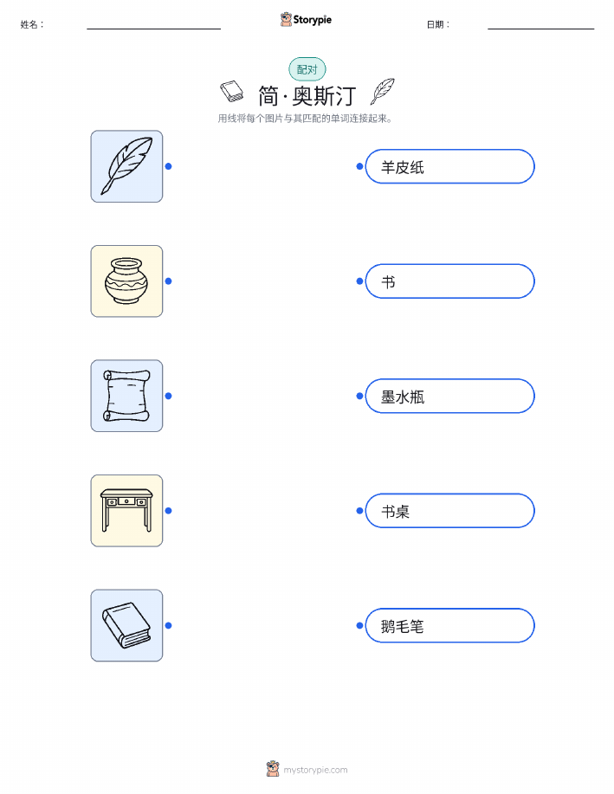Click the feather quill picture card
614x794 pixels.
(x=126, y=166)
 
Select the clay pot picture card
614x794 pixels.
(x=126, y=281)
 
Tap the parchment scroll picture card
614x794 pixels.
(x=126, y=396)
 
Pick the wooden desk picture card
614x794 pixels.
(x=126, y=511)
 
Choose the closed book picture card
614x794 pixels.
(x=126, y=625)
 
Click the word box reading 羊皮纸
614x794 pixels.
(x=449, y=166)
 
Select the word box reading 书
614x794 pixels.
(x=449, y=281)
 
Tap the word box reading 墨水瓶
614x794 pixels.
(x=449, y=396)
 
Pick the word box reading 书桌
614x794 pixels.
(x=449, y=511)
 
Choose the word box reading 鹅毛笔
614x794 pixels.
(x=449, y=625)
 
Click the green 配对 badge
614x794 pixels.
(x=307, y=69)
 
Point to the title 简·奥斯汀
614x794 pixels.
(x=307, y=96)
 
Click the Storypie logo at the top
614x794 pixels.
(x=306, y=19)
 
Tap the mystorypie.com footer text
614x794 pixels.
(x=315, y=770)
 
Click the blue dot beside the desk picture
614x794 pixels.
(x=169, y=511)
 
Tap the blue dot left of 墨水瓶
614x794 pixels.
(x=359, y=396)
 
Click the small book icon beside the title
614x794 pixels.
(x=232, y=91)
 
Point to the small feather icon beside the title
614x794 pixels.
(x=383, y=91)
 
